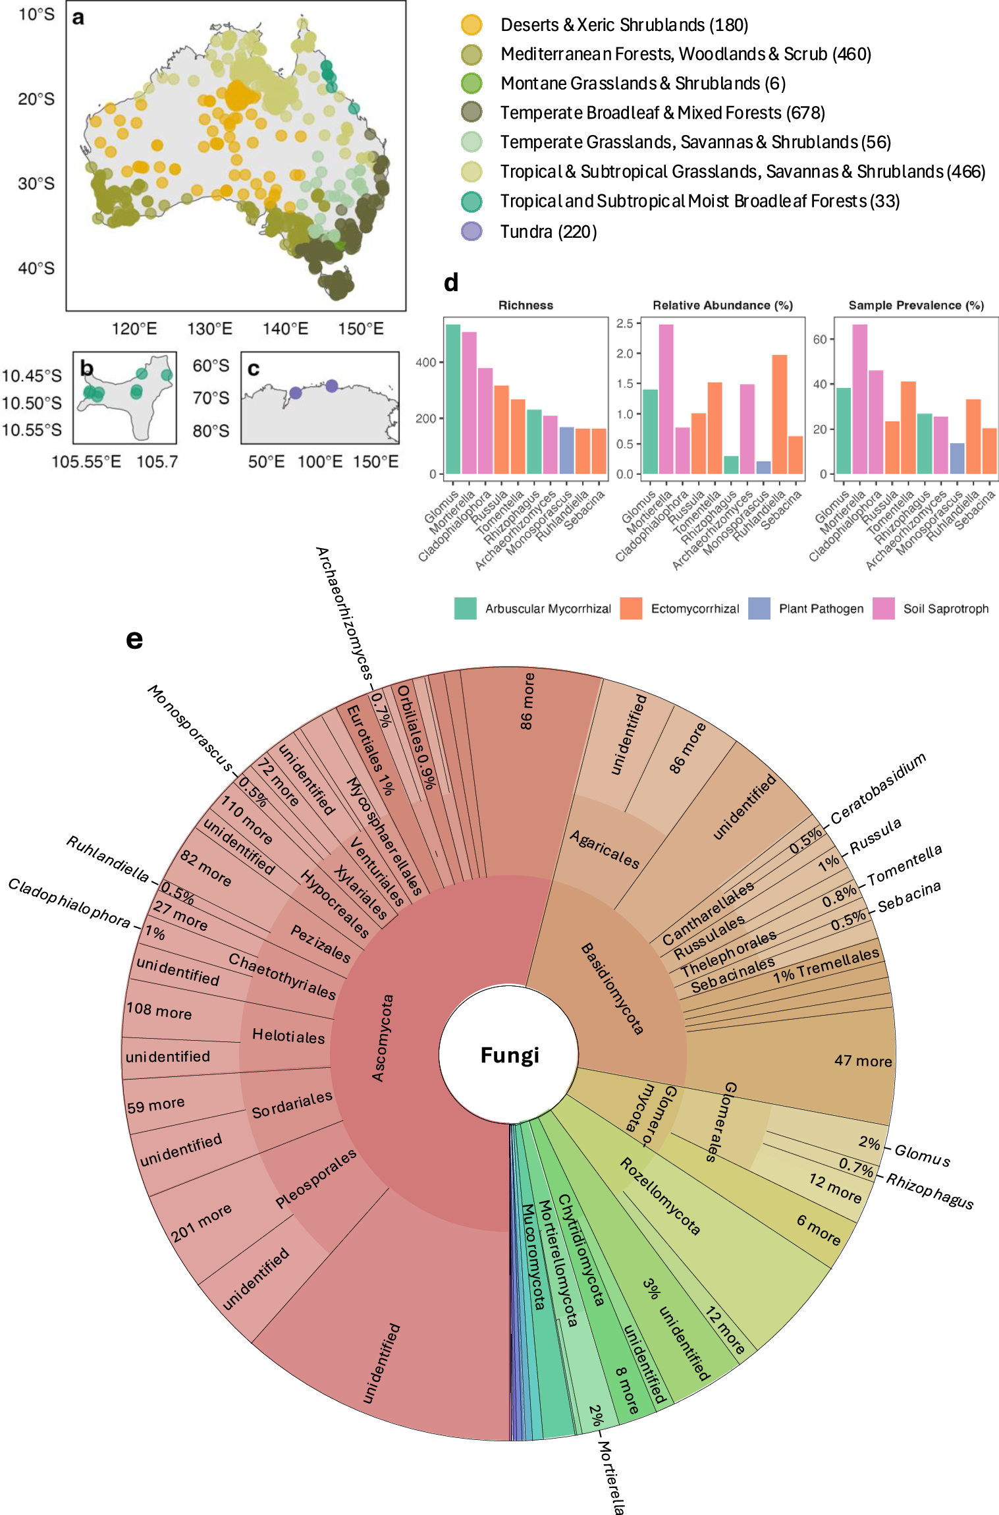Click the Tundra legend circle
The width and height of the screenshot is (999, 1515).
[x=472, y=231]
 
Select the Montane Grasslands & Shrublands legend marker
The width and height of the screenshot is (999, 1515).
[x=472, y=84]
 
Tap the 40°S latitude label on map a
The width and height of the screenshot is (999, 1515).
[x=36, y=268]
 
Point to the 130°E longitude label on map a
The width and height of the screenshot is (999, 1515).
[x=209, y=329]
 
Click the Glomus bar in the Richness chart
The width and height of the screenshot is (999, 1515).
[x=453, y=399]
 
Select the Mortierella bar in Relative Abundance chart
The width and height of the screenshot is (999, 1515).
[x=666, y=399]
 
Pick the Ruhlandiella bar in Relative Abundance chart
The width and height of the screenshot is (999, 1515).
[x=779, y=414]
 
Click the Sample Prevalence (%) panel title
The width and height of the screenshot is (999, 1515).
[x=915, y=305]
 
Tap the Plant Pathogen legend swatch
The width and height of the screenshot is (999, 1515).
[x=759, y=609]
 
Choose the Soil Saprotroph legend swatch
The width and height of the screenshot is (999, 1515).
[x=883, y=609]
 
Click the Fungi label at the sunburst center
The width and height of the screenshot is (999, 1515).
[x=510, y=1055]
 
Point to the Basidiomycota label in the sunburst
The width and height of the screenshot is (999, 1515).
[x=612, y=988]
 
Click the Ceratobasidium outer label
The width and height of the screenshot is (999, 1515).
[x=878, y=788]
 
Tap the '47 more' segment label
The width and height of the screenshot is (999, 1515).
[x=863, y=1060]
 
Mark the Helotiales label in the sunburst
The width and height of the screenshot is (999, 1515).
[x=288, y=1036]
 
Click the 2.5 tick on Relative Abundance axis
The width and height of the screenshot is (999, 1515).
[x=624, y=323]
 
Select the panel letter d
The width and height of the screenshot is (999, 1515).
[x=451, y=283]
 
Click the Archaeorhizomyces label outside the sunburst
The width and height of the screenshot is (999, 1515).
[x=344, y=613]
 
